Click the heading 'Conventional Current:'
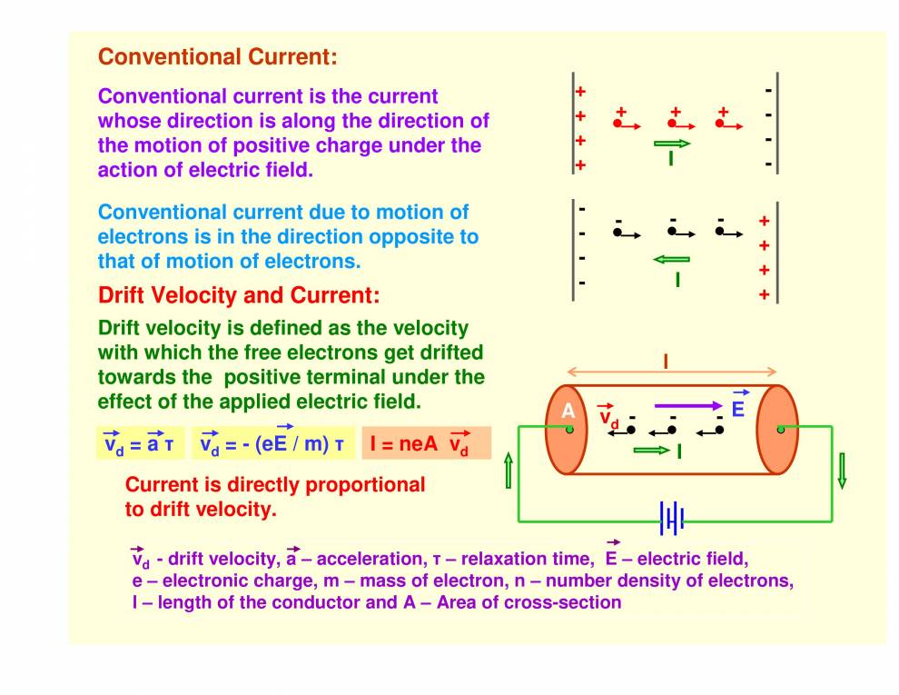coord(218,57)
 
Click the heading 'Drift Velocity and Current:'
coord(239,295)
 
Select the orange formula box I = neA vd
coord(426,443)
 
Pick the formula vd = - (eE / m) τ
coord(272,443)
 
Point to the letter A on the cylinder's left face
coord(568,411)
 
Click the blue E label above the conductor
coord(737,409)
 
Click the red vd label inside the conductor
coord(608,418)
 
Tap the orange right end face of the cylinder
coord(777,429)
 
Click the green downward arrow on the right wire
coord(842,470)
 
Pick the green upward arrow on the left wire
coord(508,472)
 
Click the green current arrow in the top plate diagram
coord(672,144)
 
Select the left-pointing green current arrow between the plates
coord(671,260)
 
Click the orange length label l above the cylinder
coord(666,362)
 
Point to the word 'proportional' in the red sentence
coord(365,484)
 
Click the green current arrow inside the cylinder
coord(651,450)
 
